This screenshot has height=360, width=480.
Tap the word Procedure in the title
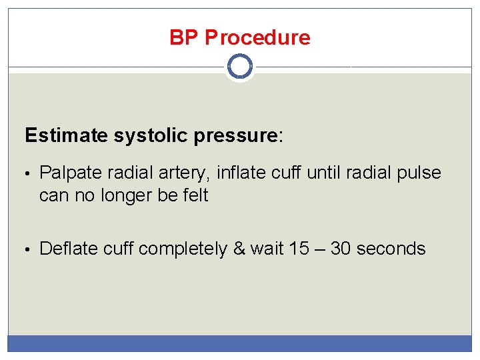(257, 37)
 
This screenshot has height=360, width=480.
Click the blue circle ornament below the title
(240, 67)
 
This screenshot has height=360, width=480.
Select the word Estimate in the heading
(66, 136)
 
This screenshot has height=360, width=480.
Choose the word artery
(184, 173)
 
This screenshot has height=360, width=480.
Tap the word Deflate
(67, 249)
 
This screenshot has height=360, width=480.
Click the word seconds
(391, 249)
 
